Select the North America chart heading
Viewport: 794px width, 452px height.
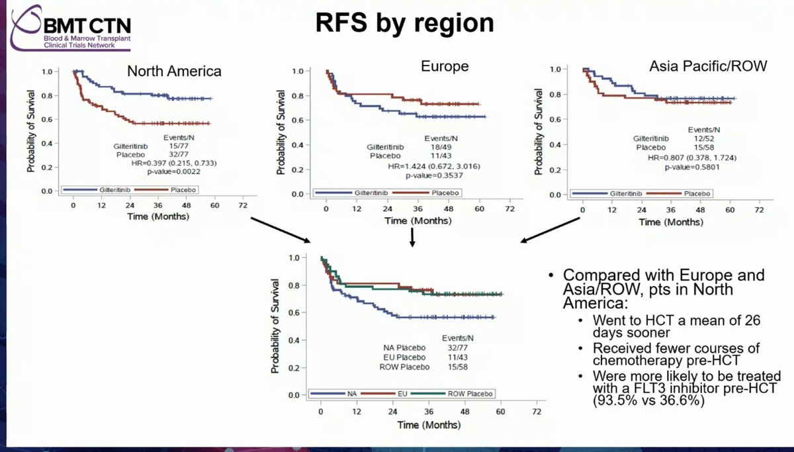pos(174,71)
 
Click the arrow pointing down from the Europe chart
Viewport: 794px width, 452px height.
pos(412,236)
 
